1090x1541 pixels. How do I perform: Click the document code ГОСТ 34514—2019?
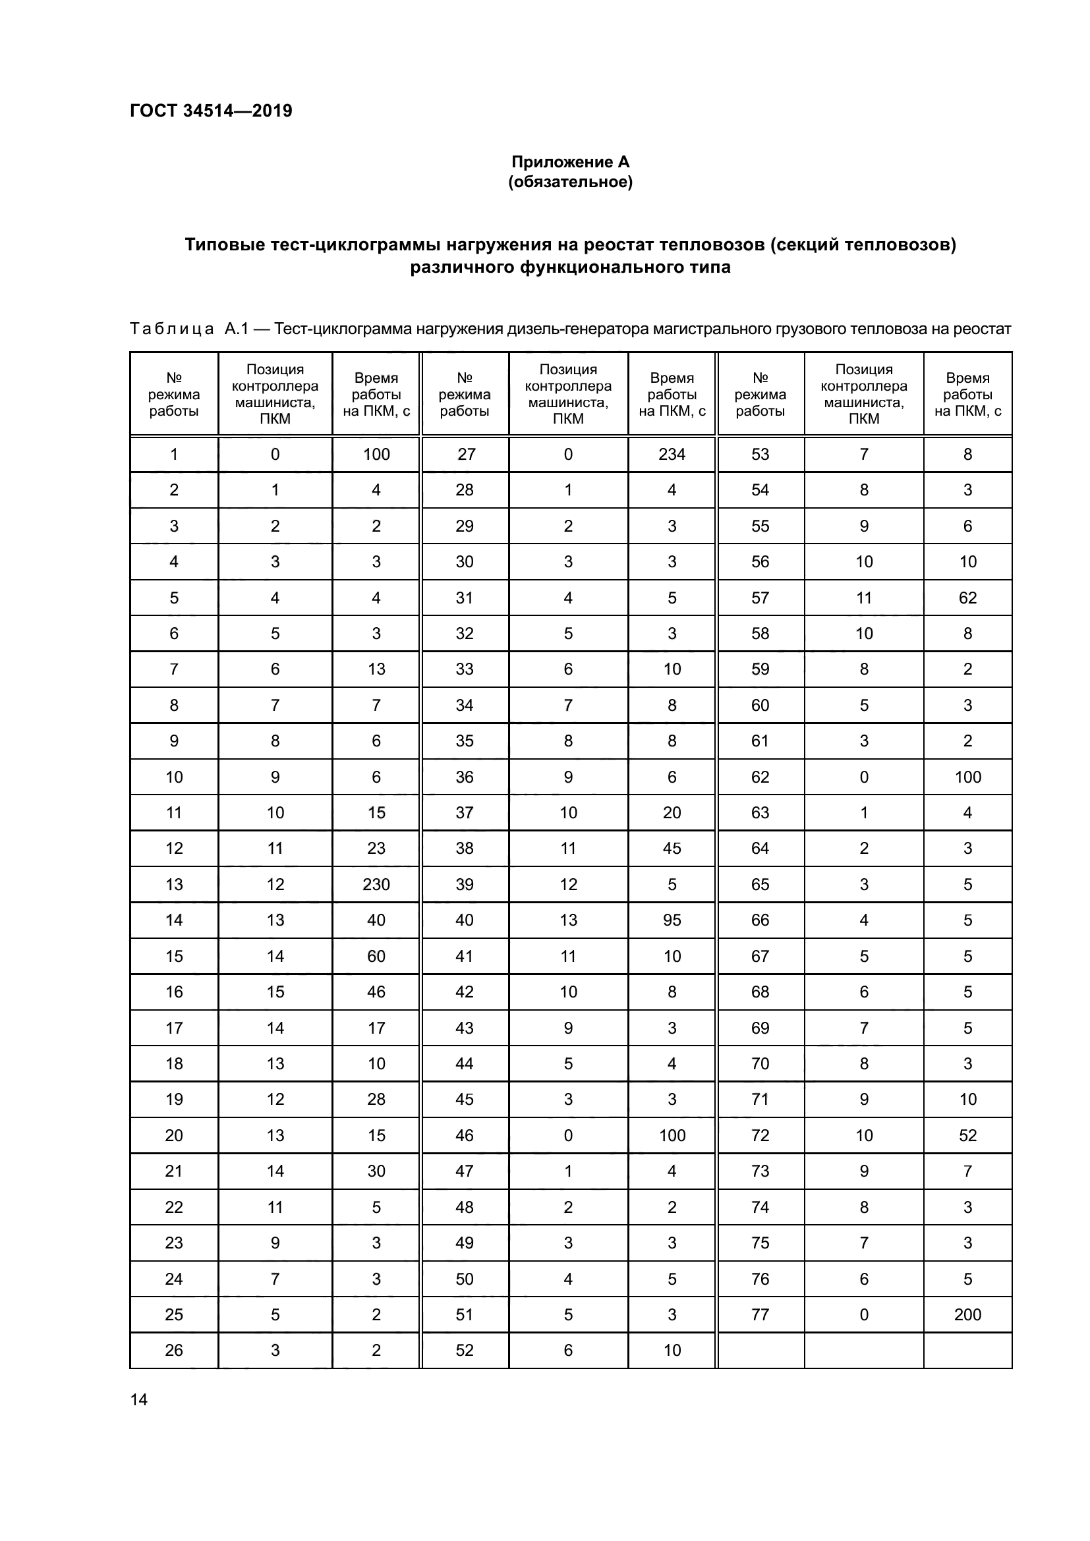211,111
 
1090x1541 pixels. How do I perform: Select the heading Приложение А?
570,162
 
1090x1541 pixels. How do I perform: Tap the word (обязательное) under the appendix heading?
570,182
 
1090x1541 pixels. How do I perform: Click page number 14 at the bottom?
139,1399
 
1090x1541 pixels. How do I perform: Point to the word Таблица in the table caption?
172,329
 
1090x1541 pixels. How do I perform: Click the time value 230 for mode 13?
376,884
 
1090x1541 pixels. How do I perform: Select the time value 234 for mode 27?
671,455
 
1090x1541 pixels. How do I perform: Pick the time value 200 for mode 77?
967,1314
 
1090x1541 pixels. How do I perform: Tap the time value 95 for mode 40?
671,920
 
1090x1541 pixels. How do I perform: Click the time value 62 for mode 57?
967,598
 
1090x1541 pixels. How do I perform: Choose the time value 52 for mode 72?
967,1135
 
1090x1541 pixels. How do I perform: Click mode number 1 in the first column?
174,455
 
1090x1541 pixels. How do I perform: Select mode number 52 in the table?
465,1350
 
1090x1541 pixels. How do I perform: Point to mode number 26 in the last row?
174,1350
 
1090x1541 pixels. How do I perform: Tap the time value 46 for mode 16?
376,992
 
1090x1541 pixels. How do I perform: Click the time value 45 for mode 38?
671,849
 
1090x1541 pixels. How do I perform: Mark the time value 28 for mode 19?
376,1099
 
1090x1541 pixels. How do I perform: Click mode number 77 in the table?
760,1314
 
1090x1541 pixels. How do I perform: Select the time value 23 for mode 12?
376,849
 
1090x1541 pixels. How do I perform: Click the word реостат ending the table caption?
985,329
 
